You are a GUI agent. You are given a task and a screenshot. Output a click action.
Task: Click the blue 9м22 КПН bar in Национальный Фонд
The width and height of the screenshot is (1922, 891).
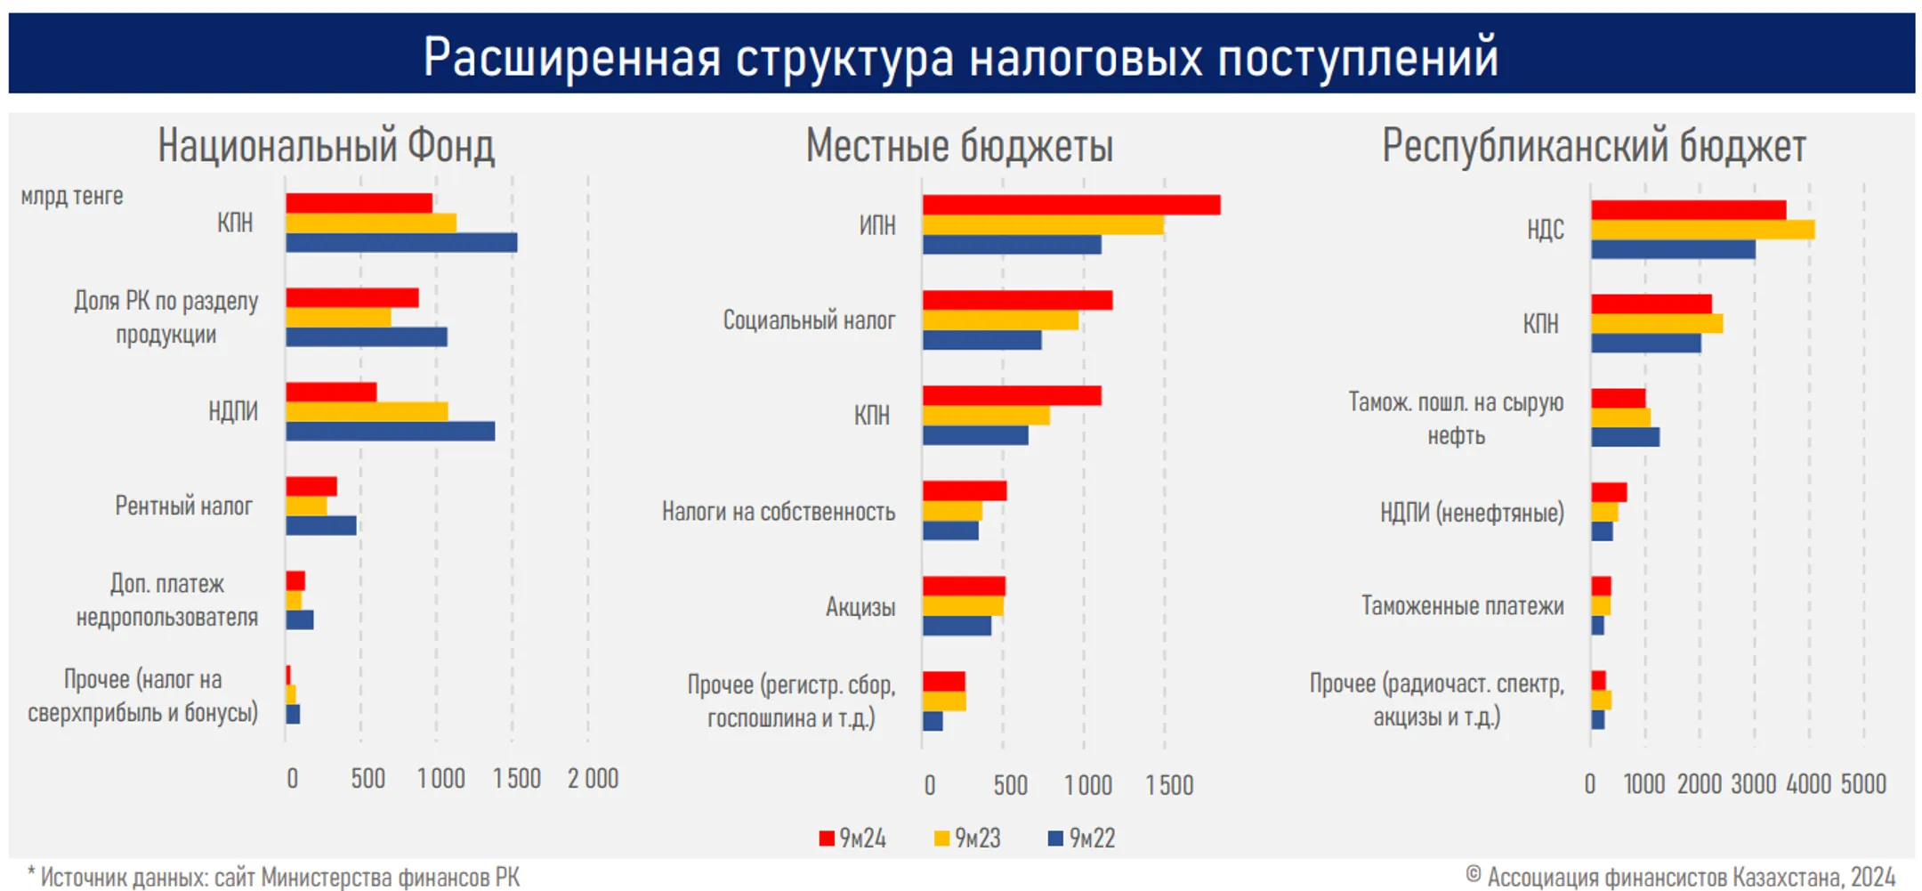[x=400, y=243]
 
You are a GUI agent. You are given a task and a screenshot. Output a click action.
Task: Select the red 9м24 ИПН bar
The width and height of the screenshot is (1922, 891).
[x=1070, y=205]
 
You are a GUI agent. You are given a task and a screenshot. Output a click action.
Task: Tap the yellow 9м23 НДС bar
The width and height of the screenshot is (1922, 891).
[x=1702, y=230]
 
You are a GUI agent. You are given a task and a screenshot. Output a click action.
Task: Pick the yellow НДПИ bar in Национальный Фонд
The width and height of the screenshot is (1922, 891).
[x=366, y=411]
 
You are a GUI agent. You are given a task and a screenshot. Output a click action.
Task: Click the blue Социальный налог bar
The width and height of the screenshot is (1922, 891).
[x=981, y=340]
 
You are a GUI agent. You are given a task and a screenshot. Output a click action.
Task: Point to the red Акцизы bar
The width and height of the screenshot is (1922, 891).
[x=964, y=586]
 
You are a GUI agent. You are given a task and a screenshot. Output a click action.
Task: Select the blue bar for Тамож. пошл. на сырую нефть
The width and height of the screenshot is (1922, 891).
[x=1625, y=437]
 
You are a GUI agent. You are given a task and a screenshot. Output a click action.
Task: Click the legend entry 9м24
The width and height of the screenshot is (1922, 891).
[x=852, y=838]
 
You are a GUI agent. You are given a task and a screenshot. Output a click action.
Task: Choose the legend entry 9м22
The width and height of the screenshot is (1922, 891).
[x=1082, y=838]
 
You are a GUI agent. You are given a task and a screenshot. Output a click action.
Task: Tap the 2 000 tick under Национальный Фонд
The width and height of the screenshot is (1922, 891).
[x=593, y=779]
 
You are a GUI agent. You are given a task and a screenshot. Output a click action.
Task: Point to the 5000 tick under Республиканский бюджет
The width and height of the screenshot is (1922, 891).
[x=1862, y=784]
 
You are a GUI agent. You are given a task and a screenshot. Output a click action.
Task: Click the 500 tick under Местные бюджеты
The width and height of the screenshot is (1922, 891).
[x=1010, y=785]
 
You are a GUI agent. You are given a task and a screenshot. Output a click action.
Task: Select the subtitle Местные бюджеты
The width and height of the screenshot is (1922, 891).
[x=958, y=146]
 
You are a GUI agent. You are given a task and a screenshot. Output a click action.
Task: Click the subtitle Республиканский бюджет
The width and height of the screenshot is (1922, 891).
[x=1593, y=146]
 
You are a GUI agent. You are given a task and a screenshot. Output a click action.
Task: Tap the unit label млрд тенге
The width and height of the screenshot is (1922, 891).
[x=72, y=196]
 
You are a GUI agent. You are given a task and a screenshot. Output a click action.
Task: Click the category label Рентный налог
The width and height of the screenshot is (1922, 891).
[x=183, y=506]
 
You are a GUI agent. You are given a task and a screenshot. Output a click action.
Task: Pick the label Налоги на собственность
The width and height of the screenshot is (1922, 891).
[x=778, y=512]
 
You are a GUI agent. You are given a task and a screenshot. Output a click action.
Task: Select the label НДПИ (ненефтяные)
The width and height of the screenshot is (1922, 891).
[x=1471, y=513]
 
